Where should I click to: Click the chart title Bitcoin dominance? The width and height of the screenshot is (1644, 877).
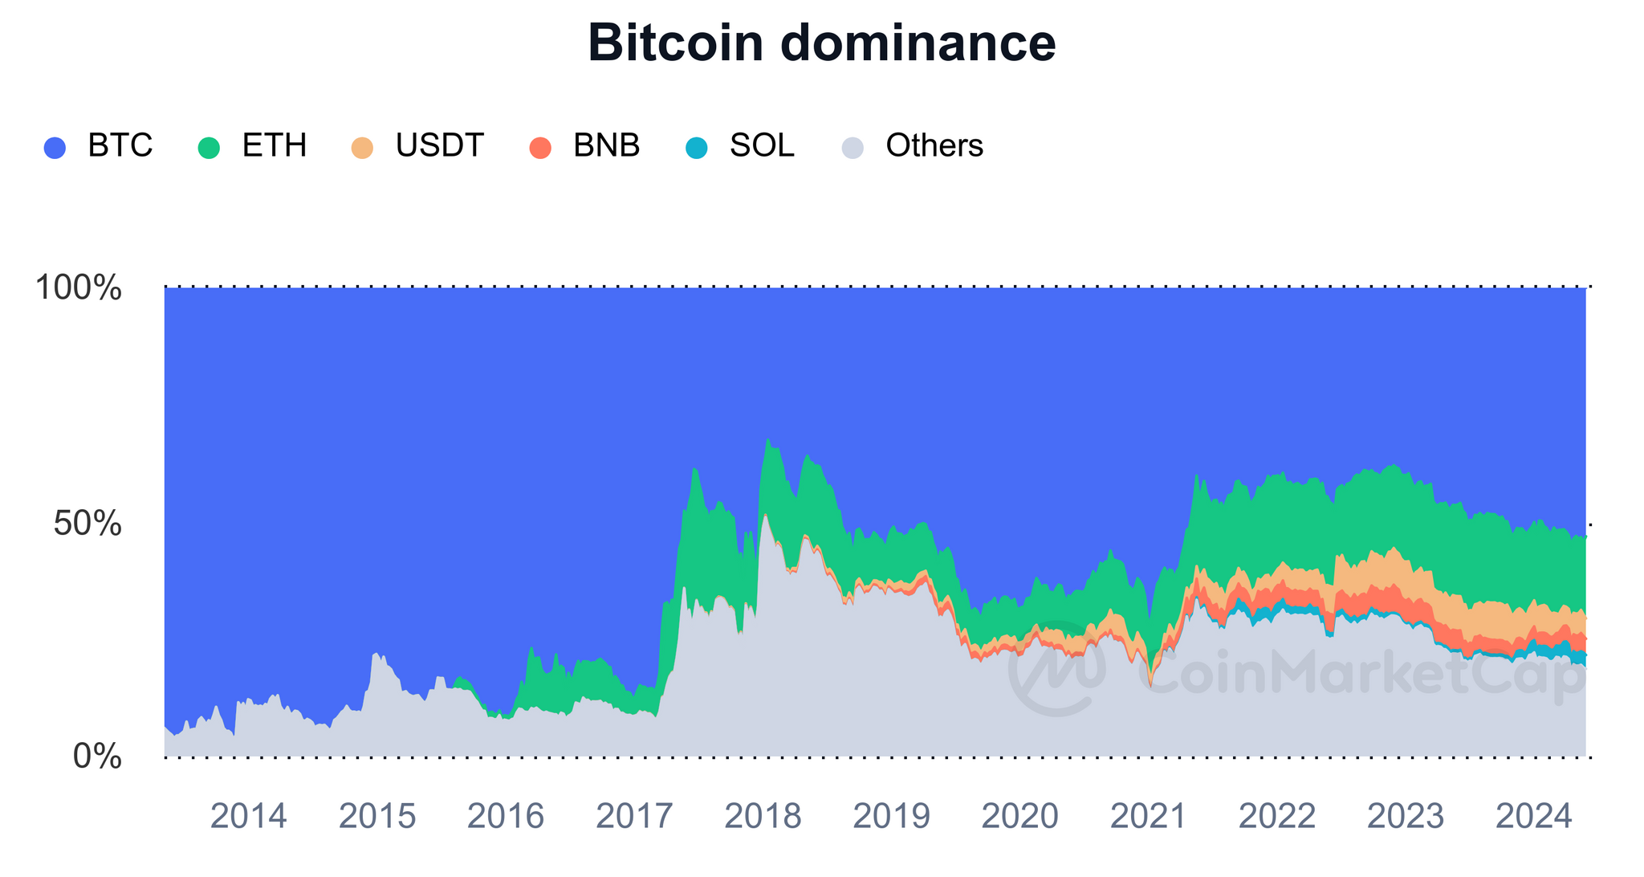coord(821,43)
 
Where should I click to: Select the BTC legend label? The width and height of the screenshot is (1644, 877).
coord(120,146)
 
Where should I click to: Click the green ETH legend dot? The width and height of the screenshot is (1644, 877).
coord(209,148)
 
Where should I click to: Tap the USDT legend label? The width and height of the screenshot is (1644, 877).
coord(439,146)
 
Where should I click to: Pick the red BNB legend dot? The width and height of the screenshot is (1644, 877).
coord(540,148)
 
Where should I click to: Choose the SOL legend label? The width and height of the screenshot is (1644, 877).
coord(762,146)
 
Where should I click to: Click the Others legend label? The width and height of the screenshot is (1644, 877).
coord(934,146)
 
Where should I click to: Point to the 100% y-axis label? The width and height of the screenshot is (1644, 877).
coord(79,288)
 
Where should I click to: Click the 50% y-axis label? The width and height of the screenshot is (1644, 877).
coord(87,524)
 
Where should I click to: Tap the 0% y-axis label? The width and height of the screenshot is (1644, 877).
coord(97,757)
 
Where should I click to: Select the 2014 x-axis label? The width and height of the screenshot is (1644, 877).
coord(248,817)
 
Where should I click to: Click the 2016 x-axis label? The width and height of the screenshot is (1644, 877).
coord(506,817)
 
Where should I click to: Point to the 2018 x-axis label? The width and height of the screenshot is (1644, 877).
coord(763,817)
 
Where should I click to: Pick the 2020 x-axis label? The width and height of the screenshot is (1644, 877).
coord(1020,817)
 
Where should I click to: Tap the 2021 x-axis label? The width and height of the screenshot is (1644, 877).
coord(1149,817)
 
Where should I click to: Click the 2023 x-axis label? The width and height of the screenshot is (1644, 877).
coord(1406,817)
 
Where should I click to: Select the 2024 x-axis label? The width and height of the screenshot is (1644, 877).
coord(1534,817)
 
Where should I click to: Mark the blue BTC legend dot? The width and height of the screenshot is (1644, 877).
coord(55,148)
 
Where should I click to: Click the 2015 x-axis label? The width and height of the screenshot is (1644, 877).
coord(377,817)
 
